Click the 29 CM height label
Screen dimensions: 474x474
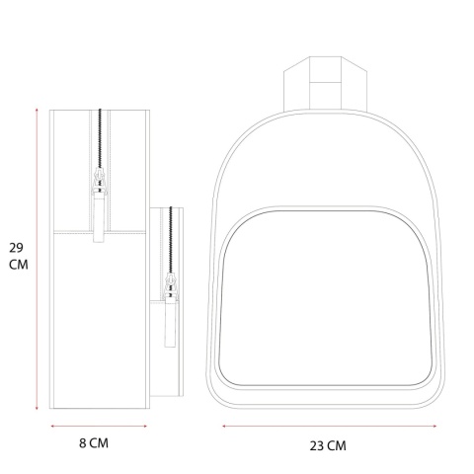(19, 256)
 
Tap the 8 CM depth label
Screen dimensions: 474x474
(94, 443)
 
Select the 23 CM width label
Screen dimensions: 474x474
(328, 445)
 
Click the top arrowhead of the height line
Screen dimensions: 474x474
(37, 110)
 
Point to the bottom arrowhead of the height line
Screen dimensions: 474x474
(37, 408)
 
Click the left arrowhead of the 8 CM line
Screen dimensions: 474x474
(53, 426)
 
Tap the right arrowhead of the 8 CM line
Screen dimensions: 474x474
(145, 426)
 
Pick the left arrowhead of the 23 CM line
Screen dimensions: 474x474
(224, 426)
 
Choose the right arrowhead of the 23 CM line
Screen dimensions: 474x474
(434, 426)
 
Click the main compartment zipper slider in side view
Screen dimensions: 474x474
(100, 180)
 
